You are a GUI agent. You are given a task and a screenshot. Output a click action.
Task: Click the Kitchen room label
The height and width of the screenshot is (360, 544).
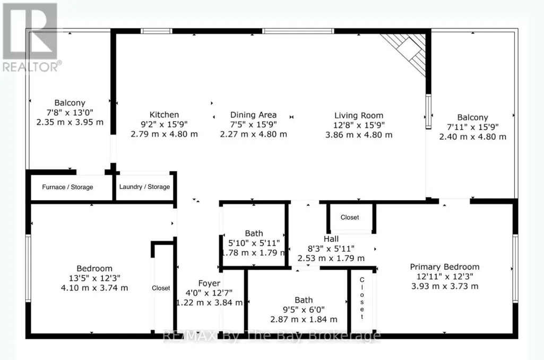tap(164, 115)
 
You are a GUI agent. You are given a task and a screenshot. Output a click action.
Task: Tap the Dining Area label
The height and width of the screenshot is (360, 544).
tap(253, 115)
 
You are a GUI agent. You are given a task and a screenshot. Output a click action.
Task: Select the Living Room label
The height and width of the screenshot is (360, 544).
tap(359, 116)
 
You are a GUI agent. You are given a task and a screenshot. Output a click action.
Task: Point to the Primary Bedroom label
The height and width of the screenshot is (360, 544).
tap(445, 267)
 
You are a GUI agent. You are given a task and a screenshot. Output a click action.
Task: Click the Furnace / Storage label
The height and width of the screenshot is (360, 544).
tap(67, 187)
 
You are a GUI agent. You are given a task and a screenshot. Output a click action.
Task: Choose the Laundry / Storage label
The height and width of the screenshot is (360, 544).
tap(145, 187)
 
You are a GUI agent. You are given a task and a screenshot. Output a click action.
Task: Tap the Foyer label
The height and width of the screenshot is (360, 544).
tap(209, 284)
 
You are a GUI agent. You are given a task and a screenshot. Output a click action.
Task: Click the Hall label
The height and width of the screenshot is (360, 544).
tap(331, 239)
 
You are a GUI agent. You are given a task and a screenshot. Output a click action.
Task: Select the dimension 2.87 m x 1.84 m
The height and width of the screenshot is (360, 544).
tap(304, 320)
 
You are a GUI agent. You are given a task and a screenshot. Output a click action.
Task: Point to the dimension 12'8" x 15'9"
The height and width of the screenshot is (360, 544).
tap(359, 125)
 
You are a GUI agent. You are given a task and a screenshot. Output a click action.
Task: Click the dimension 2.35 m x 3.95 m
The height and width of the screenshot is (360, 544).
tap(70, 122)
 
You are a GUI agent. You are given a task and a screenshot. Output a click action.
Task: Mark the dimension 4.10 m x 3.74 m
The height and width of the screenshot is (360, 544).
tap(94, 288)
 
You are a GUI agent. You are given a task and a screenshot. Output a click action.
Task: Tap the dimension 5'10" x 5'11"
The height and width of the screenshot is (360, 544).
tap(254, 243)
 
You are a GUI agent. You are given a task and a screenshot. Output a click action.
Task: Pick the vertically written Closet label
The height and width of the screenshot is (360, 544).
tap(362, 298)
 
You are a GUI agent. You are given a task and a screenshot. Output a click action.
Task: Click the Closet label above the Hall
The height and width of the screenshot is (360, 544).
tap(350, 217)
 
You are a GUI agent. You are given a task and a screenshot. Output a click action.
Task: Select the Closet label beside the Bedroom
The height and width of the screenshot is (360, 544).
tap(161, 288)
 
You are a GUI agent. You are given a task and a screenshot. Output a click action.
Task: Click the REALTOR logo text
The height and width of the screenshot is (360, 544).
tap(32, 67)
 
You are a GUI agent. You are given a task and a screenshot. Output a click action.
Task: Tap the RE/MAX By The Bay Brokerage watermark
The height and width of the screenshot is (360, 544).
tap(272, 336)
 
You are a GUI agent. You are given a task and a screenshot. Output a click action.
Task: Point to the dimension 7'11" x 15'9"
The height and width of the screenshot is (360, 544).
tap(472, 127)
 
